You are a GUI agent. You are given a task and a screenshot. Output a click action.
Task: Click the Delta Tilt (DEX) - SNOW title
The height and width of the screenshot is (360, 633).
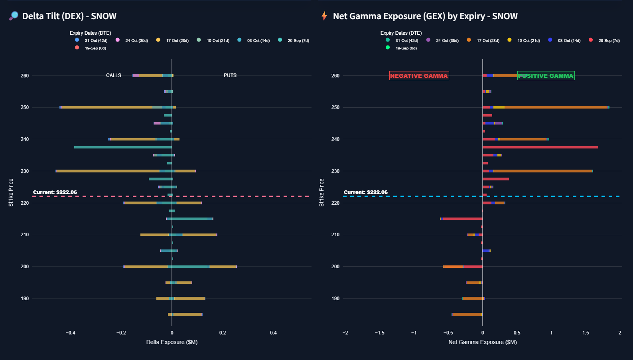(x=69, y=16)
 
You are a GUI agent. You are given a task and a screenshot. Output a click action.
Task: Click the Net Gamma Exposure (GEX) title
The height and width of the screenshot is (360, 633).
(x=425, y=16)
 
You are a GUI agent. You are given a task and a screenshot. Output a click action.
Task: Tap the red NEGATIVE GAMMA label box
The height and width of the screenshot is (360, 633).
(x=419, y=76)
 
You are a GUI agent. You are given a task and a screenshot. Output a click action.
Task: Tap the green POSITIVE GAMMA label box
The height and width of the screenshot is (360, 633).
(x=546, y=76)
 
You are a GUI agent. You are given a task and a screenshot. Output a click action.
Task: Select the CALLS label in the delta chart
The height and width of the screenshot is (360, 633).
(x=114, y=75)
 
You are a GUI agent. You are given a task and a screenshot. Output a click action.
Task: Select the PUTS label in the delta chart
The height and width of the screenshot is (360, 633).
(x=230, y=75)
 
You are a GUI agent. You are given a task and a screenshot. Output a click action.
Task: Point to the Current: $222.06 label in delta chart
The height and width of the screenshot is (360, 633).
(x=55, y=192)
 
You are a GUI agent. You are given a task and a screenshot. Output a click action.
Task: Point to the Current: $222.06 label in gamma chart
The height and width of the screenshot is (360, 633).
(x=366, y=192)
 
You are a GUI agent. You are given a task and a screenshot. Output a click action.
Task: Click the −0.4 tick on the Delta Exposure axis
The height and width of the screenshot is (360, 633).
(x=71, y=333)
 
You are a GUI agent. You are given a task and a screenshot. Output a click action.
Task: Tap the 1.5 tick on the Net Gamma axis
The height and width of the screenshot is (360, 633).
(x=586, y=333)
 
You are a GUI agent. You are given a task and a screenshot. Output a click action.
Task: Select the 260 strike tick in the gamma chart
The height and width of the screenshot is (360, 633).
(x=335, y=76)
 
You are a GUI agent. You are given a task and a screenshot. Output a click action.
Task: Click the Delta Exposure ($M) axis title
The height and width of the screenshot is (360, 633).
(x=172, y=342)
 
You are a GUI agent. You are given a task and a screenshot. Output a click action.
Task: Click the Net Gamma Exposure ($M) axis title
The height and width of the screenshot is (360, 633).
(x=483, y=342)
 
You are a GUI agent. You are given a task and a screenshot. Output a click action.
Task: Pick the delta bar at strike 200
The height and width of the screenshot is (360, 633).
(x=180, y=267)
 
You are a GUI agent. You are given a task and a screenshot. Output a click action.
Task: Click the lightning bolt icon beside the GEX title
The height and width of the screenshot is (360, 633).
(x=324, y=16)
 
